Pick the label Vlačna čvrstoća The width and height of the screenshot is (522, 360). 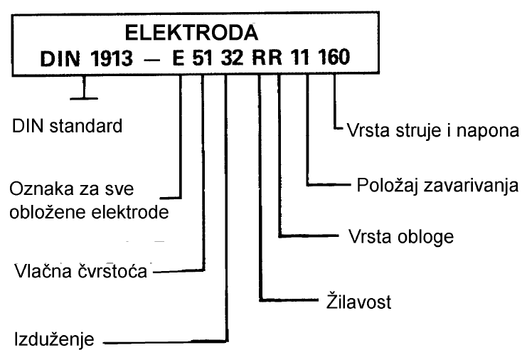(82, 272)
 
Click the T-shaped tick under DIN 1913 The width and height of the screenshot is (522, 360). (85, 90)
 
